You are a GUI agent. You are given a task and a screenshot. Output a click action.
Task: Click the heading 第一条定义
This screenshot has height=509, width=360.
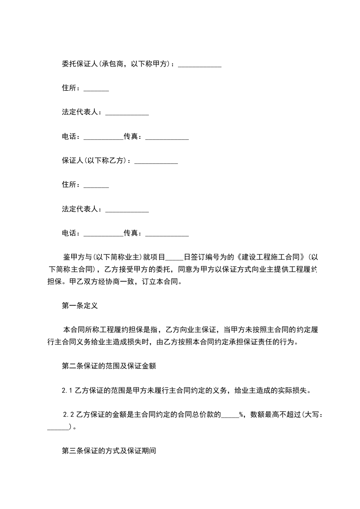pos(79,305)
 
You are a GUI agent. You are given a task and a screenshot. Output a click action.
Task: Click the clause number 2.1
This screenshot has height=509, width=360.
pos(67,389)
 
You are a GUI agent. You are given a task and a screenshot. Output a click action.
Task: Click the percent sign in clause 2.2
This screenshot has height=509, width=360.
pos(242,414)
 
